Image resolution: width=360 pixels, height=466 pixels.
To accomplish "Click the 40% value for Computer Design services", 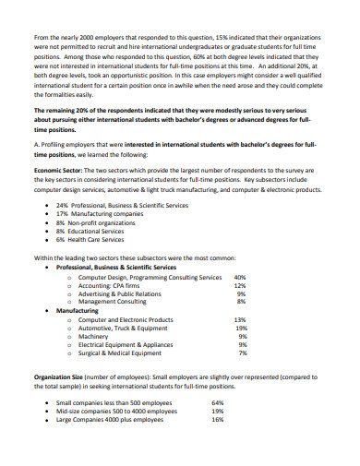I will point(240,277).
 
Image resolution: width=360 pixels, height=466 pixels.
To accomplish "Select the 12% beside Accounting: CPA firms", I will point(240,285).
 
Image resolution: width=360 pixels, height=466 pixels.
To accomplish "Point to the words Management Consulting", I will point(113,302).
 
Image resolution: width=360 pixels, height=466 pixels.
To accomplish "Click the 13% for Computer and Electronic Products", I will point(240,319).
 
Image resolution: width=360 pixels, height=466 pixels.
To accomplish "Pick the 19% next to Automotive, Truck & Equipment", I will point(241,328).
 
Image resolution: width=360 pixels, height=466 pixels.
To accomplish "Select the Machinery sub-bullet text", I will point(95,336).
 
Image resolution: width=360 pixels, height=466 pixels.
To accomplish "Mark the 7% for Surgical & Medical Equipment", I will point(242,352).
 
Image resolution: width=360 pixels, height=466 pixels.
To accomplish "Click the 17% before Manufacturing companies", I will point(62,213).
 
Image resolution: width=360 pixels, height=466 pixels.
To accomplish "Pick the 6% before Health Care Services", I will point(60,239).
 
